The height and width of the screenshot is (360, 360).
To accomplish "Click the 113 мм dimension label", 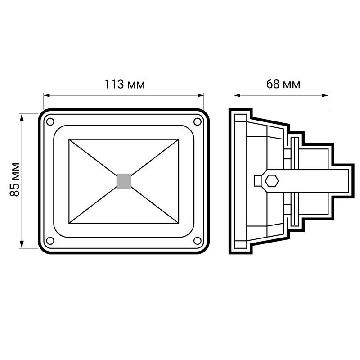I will [124, 84].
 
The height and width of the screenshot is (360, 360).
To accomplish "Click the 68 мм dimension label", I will [283, 84].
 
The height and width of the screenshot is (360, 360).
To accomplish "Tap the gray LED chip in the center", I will [124, 181].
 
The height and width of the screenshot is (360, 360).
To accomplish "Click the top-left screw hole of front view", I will [50, 121].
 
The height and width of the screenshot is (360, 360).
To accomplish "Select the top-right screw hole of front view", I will [197, 121].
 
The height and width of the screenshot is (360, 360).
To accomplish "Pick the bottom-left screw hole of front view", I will [50, 241].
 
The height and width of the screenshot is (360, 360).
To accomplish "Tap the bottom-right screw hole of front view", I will [197, 241].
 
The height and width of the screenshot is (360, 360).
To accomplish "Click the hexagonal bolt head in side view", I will [271, 181].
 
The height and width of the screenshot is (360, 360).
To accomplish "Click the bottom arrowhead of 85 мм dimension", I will [22, 246].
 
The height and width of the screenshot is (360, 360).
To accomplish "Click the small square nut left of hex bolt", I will [257, 180].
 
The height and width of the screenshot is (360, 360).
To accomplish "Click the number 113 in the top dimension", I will [114, 84].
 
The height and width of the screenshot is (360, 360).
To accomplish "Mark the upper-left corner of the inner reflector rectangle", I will [69, 140].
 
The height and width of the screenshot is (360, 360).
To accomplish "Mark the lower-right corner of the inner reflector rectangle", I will [179, 222].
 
